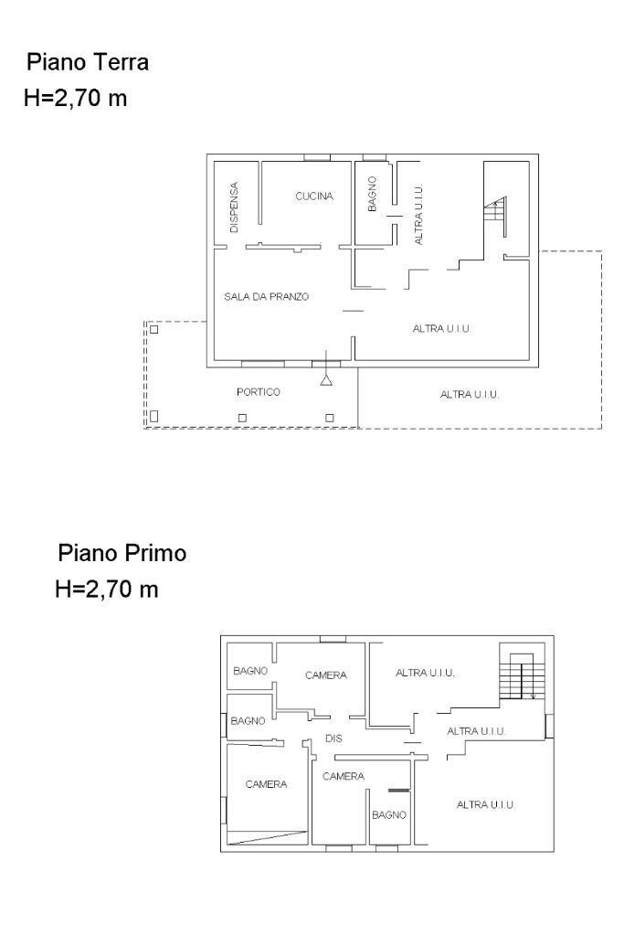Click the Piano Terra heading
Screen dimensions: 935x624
pos(88,63)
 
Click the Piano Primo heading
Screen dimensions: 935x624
pos(122,554)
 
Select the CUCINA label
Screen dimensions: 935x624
pos(314,197)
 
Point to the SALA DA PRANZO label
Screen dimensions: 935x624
pos(267,297)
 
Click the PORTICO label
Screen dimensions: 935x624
pos(258,392)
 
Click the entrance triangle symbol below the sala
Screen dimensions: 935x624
pos(326,379)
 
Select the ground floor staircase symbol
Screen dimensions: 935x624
pos(494,215)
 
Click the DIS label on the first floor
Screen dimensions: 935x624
pos(333,738)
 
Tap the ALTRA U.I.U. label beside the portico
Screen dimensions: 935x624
pos(471,395)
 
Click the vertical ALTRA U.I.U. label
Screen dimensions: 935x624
pos(418,214)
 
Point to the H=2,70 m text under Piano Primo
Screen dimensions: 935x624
pos(107,590)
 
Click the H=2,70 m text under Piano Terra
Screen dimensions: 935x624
pos(75,97)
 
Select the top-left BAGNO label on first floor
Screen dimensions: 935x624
pos(249,671)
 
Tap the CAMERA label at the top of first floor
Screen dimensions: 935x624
pos(326,675)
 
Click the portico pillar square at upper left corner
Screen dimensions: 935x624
pos(154,329)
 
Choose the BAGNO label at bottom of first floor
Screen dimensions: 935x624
pos(388,813)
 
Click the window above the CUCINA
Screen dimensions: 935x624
pos(317,157)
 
